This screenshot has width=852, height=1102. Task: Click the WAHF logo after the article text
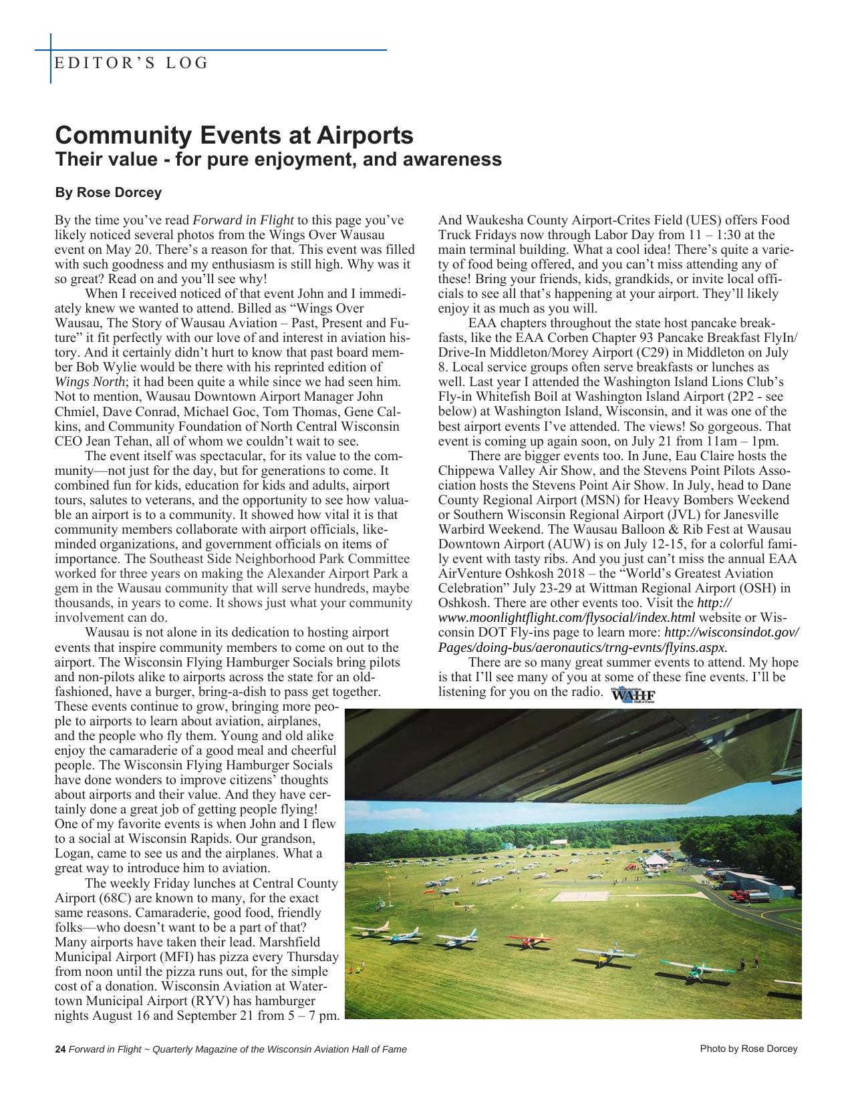633,696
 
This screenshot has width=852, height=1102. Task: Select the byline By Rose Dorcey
108,193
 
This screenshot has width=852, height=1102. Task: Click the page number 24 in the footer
59,1049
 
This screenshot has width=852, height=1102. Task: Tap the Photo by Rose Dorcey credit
748,1049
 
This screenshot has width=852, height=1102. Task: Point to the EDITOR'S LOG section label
131,63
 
